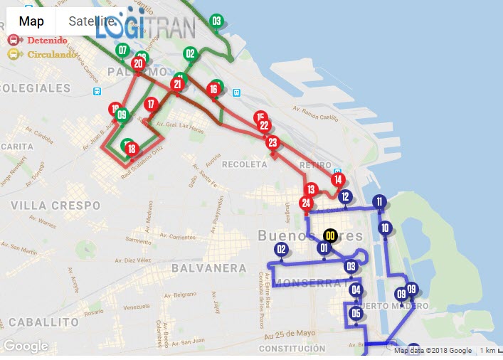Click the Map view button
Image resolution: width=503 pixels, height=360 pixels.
[31, 21]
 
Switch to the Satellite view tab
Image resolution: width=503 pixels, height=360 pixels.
[91, 21]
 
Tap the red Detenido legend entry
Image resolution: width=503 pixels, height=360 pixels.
[38, 41]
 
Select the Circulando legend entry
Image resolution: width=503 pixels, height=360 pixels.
[43, 54]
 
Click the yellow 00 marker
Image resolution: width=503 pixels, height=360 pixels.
[330, 235]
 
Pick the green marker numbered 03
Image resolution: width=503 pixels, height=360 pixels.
[216, 21]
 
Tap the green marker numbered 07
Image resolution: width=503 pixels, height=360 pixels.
[122, 50]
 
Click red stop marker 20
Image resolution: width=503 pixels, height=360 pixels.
[137, 63]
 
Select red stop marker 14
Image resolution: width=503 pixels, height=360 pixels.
[338, 179]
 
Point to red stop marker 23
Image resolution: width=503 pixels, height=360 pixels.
[272, 142]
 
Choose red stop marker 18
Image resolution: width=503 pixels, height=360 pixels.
[132, 149]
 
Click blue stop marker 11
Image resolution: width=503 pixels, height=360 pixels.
[379, 202]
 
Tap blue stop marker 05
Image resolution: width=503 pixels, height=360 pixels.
[356, 313]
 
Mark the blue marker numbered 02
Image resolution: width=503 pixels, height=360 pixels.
[281, 249]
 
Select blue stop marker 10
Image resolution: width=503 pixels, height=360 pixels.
[385, 228]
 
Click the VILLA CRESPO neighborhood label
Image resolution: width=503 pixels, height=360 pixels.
[55, 205]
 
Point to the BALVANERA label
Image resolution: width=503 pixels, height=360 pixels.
[208, 268]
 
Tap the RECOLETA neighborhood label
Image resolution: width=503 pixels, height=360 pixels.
[243, 164]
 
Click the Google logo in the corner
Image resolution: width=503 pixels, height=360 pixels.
[26, 346]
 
